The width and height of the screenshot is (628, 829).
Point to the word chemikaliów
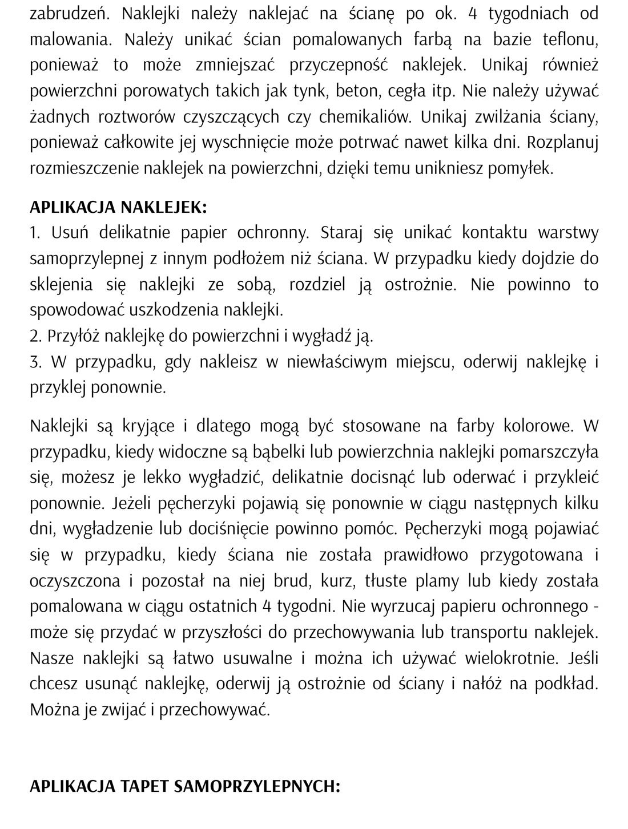point(365,116)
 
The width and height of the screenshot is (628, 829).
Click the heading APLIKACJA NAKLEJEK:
point(118,207)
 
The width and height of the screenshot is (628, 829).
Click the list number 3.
point(34,362)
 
